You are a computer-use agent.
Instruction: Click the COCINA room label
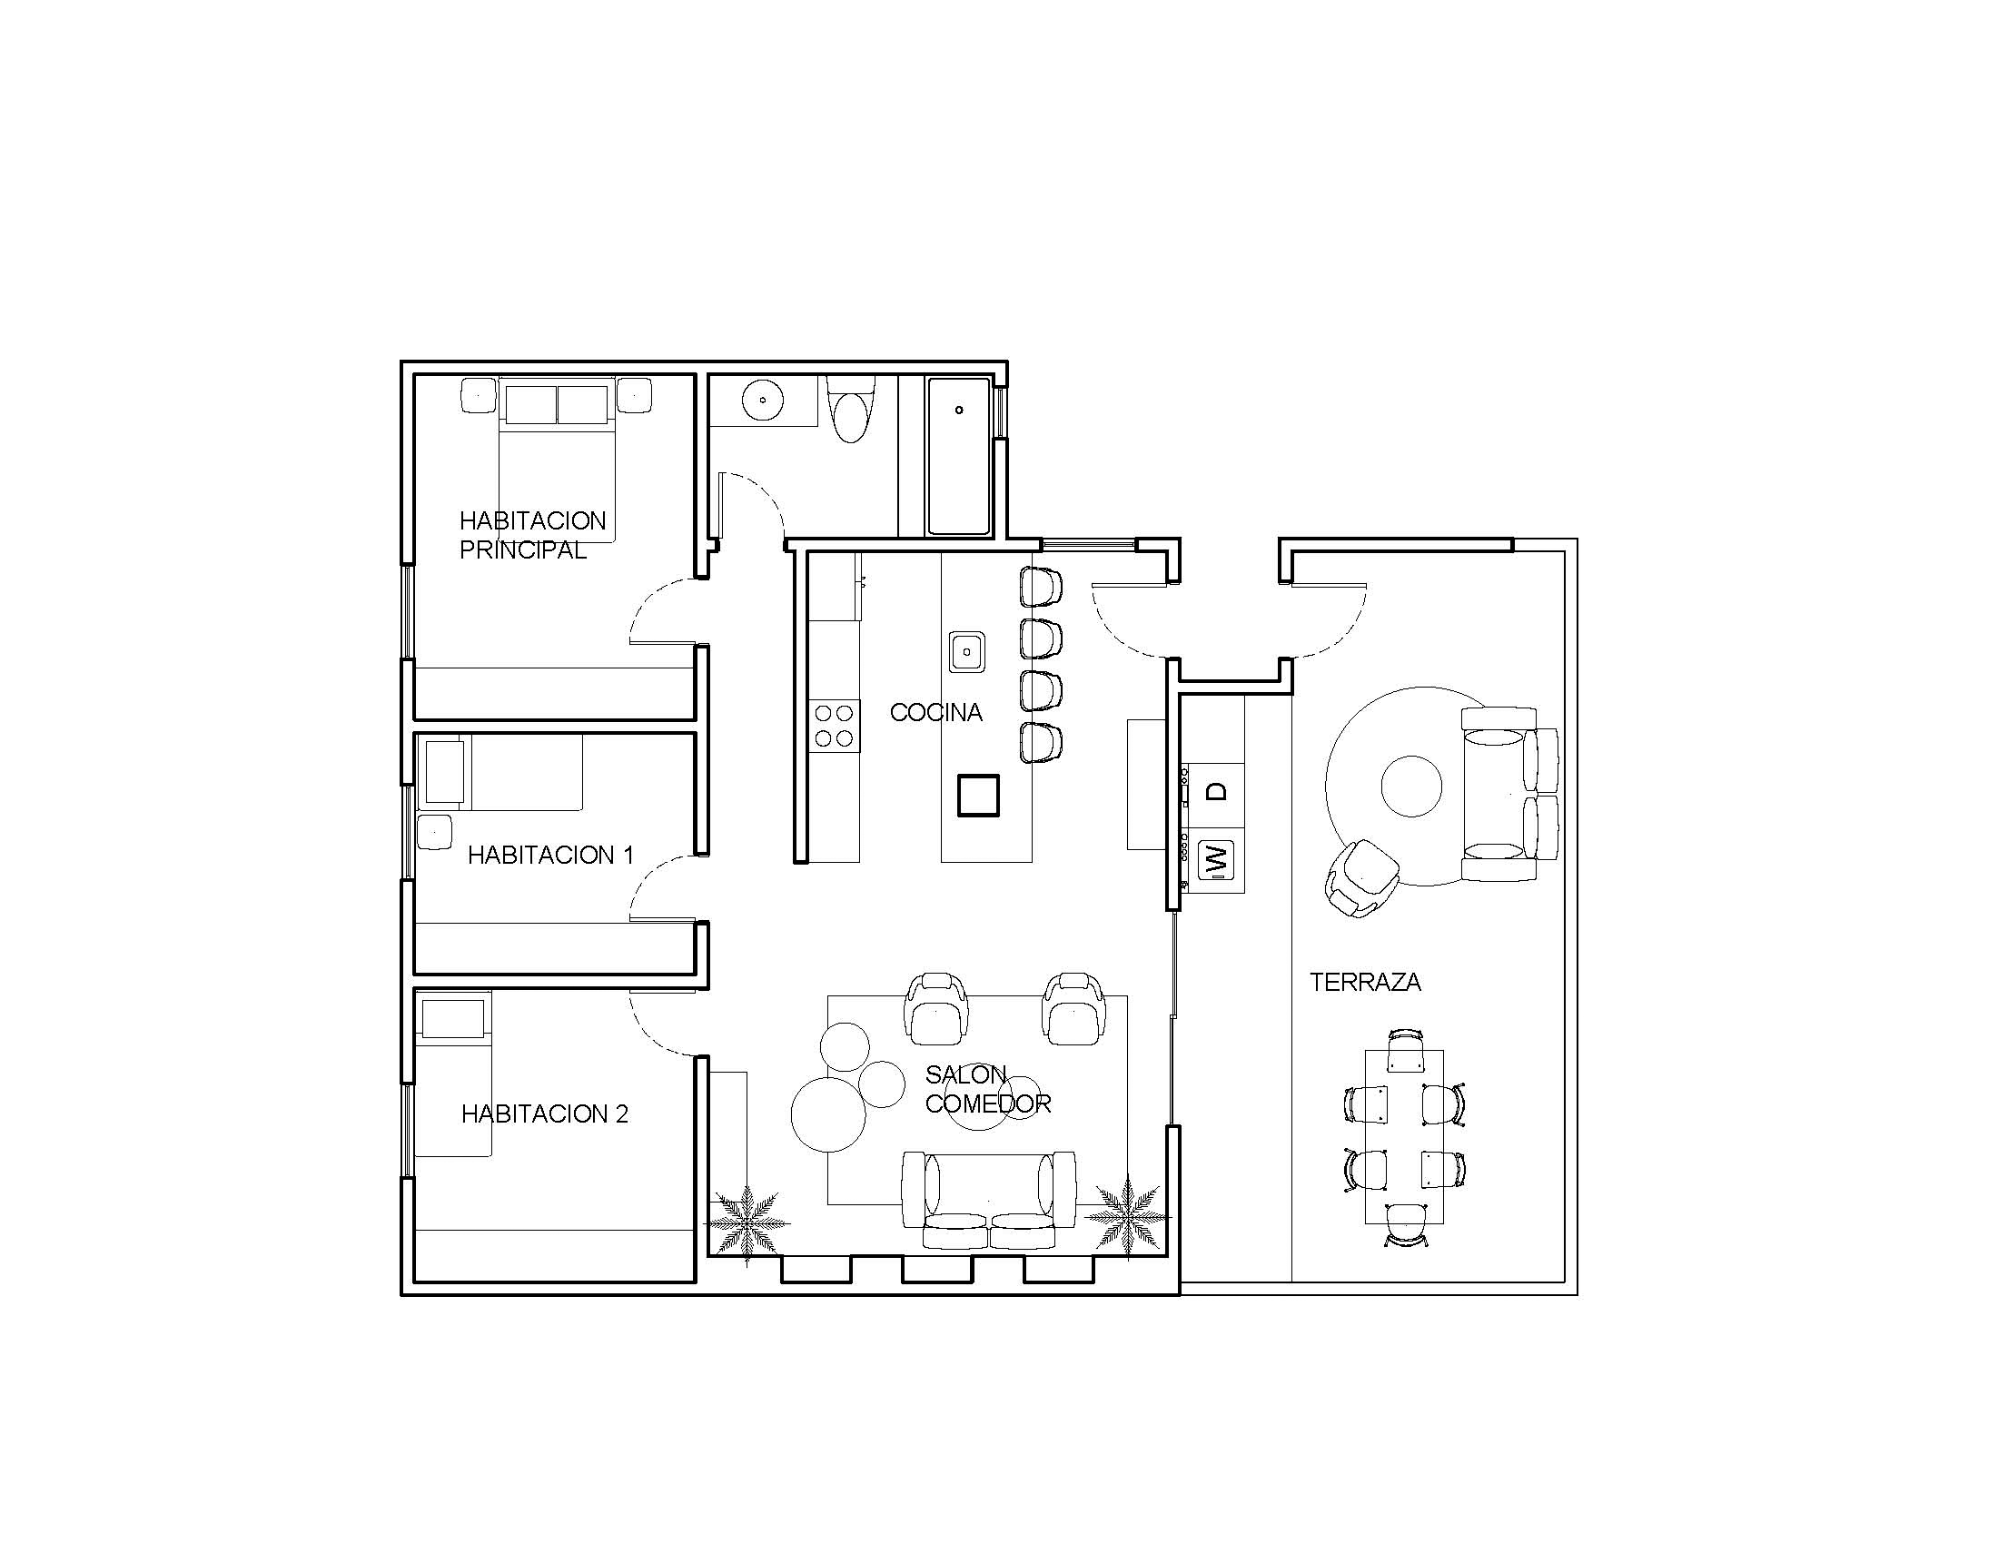[x=935, y=713]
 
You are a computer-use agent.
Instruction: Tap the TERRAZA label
[x=1365, y=983]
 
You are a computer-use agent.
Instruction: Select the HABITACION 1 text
[x=549, y=856]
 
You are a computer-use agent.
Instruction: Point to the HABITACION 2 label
[x=544, y=1114]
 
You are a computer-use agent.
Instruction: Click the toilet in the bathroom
[x=851, y=409]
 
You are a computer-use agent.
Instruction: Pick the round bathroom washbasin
[x=762, y=400]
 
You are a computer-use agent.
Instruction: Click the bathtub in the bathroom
[x=959, y=456]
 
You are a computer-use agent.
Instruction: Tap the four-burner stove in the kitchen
[x=835, y=726]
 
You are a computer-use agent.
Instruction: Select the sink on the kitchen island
[x=967, y=651]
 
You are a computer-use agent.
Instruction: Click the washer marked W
[x=1216, y=860]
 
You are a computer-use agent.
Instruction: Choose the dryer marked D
[x=1216, y=791]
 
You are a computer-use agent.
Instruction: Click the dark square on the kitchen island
[x=978, y=795]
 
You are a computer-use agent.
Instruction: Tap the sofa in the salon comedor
[x=988, y=1200]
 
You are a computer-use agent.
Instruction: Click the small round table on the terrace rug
[x=1411, y=787]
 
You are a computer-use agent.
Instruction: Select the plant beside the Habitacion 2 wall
[x=747, y=1223]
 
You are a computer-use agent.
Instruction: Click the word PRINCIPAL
[x=522, y=550]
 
